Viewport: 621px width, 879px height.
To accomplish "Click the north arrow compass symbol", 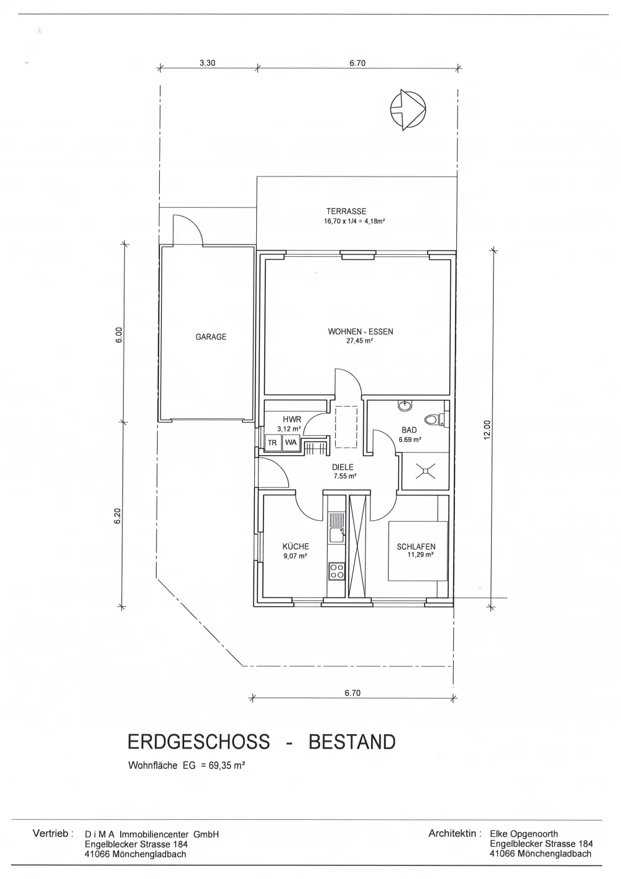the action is [x=408, y=110].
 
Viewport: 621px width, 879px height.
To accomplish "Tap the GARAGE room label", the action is [x=211, y=337].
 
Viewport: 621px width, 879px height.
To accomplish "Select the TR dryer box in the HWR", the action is [x=272, y=443].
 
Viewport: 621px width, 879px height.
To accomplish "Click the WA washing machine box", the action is [x=291, y=442].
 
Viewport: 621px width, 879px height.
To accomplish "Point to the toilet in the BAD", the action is [x=434, y=420].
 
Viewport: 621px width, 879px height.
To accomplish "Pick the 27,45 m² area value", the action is [x=359, y=341].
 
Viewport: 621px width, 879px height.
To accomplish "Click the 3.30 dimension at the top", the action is [x=208, y=63].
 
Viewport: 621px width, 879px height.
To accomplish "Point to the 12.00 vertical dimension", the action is [x=487, y=430].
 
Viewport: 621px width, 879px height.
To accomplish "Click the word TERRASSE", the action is [x=346, y=211].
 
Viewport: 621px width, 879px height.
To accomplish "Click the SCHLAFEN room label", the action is [x=416, y=546].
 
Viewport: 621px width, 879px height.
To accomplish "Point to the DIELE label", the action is [x=343, y=467].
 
